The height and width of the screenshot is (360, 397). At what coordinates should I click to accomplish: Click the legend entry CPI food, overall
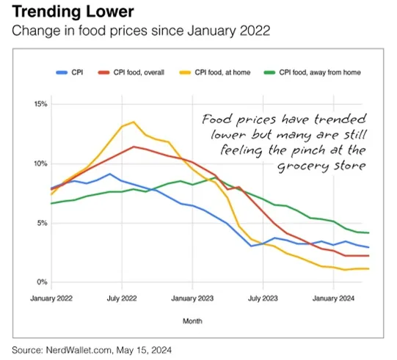(x=136, y=72)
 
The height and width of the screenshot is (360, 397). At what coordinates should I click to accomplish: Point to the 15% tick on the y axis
(x=40, y=104)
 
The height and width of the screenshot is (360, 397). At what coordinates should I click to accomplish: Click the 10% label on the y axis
(x=40, y=164)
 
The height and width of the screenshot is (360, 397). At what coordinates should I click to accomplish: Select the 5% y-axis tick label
(x=42, y=223)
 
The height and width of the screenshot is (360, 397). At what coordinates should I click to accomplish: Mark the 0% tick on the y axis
(x=42, y=282)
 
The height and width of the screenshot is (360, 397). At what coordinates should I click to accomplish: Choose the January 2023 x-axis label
(x=192, y=299)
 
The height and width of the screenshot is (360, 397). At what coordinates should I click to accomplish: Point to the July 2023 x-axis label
(x=262, y=299)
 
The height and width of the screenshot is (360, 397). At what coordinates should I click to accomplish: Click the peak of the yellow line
(x=133, y=122)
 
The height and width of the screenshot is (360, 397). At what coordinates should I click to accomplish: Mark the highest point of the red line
(x=133, y=147)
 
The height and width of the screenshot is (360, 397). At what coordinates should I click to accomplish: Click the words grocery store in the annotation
(x=338, y=166)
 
